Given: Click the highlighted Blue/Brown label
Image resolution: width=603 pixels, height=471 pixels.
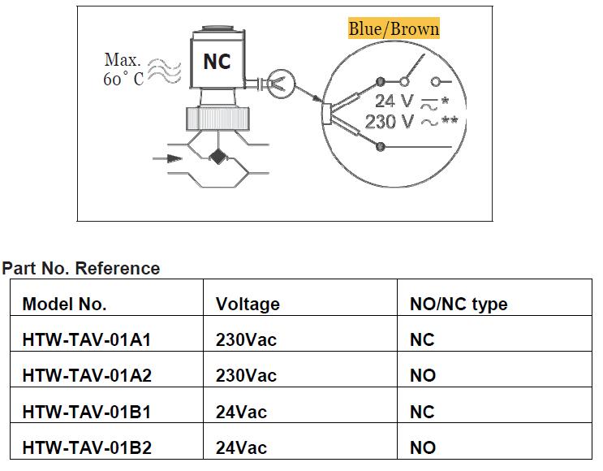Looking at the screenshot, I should [394, 29].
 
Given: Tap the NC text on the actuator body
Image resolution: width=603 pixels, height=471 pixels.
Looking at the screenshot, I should [217, 62].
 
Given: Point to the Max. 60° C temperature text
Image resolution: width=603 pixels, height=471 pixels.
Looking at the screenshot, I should [123, 70].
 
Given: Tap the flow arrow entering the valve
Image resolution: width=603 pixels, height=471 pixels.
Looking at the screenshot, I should [167, 159].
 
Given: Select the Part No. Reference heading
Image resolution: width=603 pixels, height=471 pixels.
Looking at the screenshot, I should [81, 268].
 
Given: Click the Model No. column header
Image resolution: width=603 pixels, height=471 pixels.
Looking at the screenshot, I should [64, 304].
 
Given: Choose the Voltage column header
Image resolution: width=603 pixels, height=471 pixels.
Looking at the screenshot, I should [248, 304].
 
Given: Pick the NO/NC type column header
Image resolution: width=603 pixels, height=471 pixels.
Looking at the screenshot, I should [459, 304].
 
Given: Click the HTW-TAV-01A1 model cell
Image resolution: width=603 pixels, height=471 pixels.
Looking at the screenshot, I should [87, 339].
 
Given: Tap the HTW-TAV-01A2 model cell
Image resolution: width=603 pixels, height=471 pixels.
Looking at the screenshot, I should [87, 375].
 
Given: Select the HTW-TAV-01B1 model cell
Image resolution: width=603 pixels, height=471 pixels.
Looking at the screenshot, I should [87, 412].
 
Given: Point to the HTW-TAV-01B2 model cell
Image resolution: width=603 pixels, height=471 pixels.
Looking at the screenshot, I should [87, 447].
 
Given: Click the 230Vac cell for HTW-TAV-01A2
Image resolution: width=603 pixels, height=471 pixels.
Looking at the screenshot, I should [246, 375].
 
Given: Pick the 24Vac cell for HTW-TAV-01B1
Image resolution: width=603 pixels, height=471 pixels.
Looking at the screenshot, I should [241, 412].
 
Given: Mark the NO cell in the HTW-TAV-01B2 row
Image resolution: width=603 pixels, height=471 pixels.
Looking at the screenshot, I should [423, 447].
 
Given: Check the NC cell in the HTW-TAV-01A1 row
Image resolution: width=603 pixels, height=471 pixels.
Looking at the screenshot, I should [422, 339].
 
